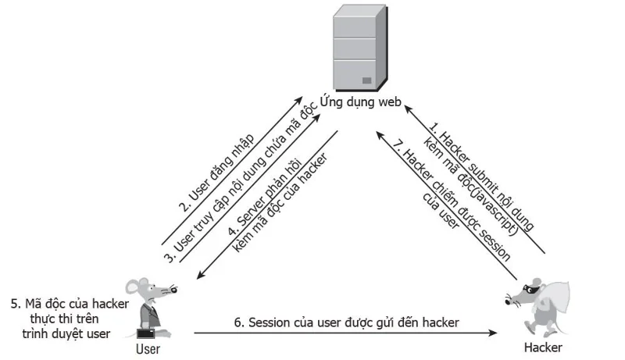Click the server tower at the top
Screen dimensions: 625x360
359,48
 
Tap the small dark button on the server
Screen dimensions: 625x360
366,80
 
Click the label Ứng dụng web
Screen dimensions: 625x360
360,102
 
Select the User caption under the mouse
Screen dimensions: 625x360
148,349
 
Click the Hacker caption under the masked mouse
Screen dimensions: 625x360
543,348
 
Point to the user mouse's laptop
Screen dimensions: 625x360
145,333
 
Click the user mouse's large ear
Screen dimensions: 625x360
133,286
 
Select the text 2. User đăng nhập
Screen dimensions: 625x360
216,173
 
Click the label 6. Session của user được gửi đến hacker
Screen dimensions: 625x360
346,323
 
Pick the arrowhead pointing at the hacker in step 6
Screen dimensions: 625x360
493,333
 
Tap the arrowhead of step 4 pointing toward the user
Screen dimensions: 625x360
202,274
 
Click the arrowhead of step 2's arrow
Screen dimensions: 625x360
298,100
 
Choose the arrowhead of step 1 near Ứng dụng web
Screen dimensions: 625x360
409,109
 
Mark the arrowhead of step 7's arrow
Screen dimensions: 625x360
381,136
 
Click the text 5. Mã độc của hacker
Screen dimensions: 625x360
70,304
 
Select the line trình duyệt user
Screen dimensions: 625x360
66,333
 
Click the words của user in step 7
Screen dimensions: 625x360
441,211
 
